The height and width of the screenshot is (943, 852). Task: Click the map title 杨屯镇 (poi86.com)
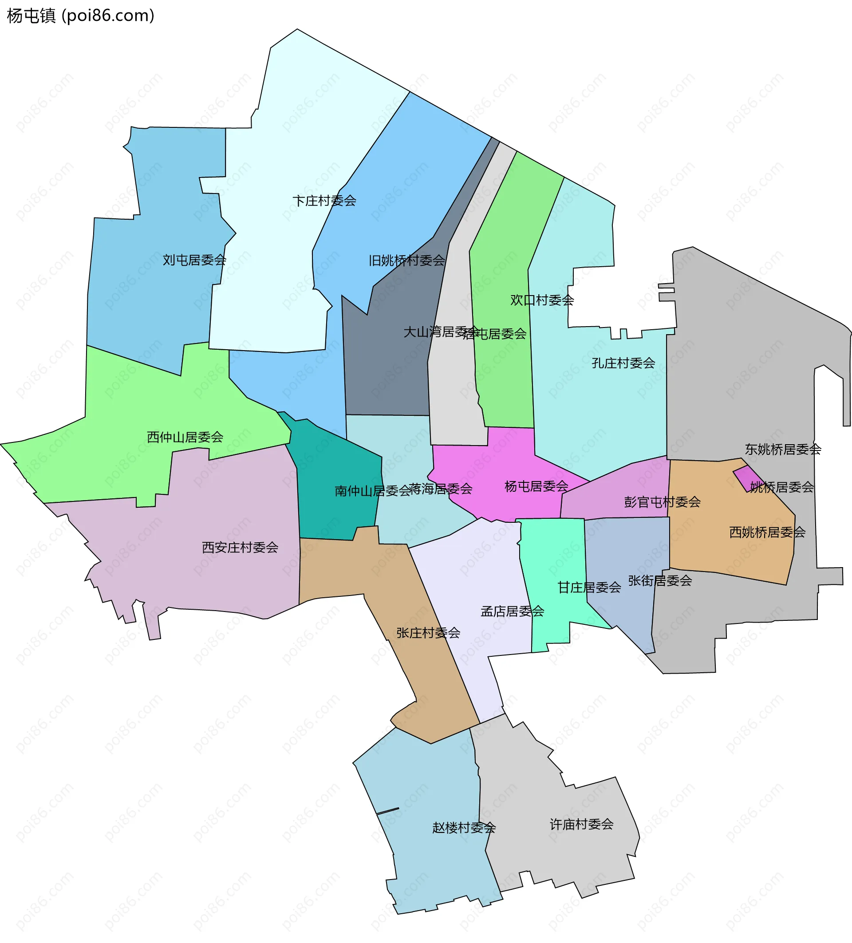(80, 16)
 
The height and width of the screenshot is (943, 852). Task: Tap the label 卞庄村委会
(324, 201)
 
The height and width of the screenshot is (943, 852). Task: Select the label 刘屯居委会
(194, 260)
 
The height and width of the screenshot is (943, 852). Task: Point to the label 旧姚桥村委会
(406, 260)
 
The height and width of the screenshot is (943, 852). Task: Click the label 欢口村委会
(541, 300)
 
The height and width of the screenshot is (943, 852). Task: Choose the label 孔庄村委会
(623, 363)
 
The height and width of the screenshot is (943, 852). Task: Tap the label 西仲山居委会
(185, 438)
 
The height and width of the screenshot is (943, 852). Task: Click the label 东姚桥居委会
(783, 450)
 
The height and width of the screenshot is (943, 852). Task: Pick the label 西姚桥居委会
(767, 533)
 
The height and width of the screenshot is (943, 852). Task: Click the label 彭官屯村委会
(662, 502)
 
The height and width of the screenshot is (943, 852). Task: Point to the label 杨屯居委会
(536, 486)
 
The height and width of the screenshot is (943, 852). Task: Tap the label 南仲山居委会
(372, 491)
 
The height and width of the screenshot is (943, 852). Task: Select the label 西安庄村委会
(240, 547)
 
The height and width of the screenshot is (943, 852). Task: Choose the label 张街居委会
(660, 581)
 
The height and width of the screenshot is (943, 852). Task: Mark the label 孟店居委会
(512, 612)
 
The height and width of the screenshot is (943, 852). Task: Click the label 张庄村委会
(428, 633)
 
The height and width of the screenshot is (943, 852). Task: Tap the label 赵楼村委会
(463, 828)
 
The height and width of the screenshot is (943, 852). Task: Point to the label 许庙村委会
(581, 824)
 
